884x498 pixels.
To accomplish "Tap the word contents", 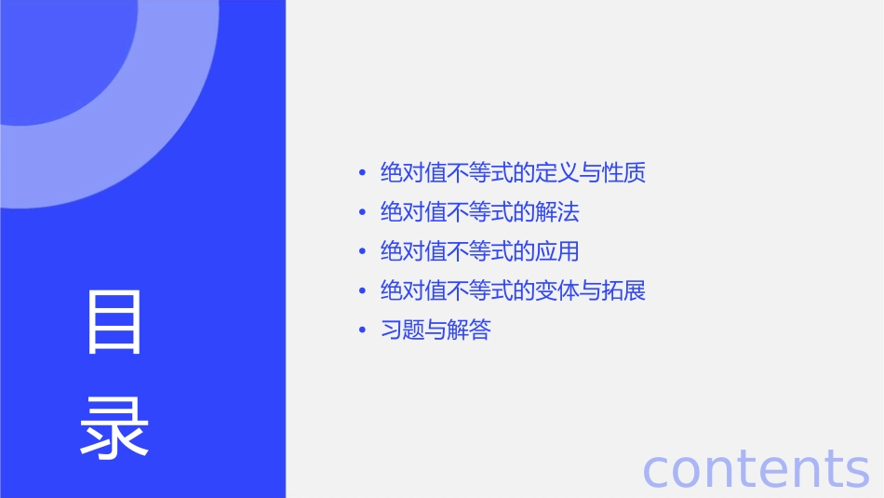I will (x=756, y=468).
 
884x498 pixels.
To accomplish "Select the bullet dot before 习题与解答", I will (x=363, y=330).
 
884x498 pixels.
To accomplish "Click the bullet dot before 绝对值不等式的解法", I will (x=363, y=212).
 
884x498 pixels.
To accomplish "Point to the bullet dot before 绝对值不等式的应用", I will (x=363, y=251).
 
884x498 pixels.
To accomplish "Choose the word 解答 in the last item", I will (x=469, y=330).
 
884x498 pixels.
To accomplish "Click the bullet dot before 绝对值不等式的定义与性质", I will (x=363, y=173).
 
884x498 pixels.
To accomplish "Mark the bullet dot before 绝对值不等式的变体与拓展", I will (x=363, y=290).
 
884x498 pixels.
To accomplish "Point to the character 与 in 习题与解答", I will (x=435, y=330).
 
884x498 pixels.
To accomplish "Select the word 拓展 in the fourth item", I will (x=624, y=290).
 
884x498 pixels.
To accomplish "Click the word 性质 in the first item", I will (x=624, y=173).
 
